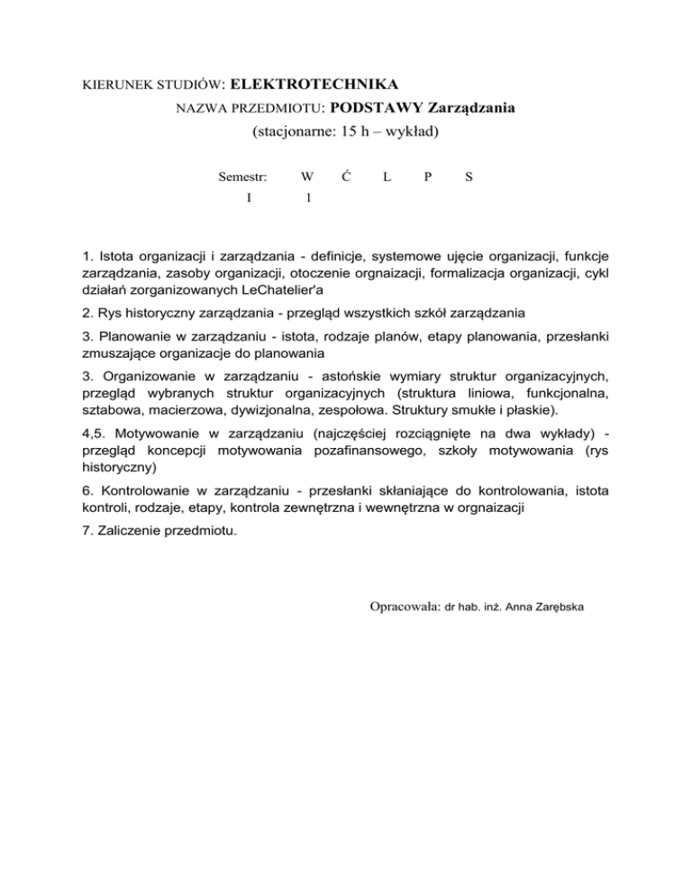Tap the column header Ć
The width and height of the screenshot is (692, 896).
346,178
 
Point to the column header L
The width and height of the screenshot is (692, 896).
386,178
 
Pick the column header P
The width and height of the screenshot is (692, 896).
427,178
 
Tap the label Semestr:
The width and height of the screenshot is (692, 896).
243,178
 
